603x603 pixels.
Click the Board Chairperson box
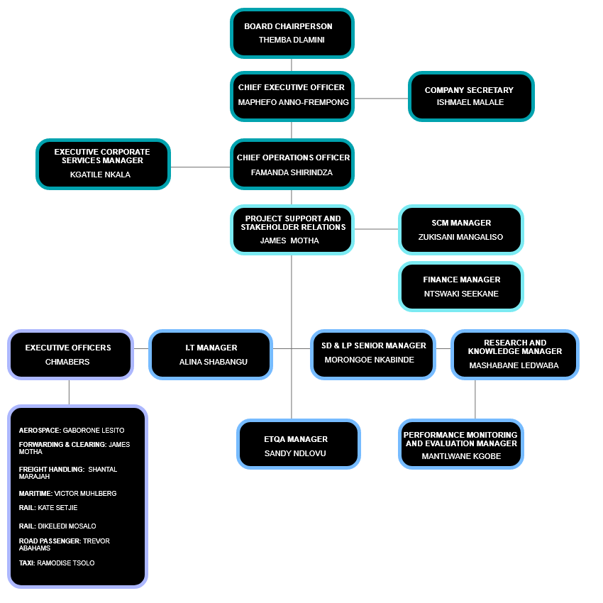coord(292,33)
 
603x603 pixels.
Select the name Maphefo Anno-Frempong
coord(293,102)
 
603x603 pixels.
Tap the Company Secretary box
coord(470,96)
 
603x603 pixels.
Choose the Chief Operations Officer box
coord(292,165)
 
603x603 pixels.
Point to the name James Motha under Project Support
coord(289,240)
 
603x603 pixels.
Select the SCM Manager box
coord(461,230)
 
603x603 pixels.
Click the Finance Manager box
coord(461,287)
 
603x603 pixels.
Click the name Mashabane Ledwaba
coord(514,365)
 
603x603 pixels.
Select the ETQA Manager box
coord(299,445)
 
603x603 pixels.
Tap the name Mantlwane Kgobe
coord(461,456)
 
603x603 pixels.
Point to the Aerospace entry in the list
coord(72,431)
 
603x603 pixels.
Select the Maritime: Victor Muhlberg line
coord(67,493)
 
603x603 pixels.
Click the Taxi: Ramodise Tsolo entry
coord(57,563)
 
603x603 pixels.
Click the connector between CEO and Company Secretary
coord(381,98)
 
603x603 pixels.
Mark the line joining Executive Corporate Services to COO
coord(201,167)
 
